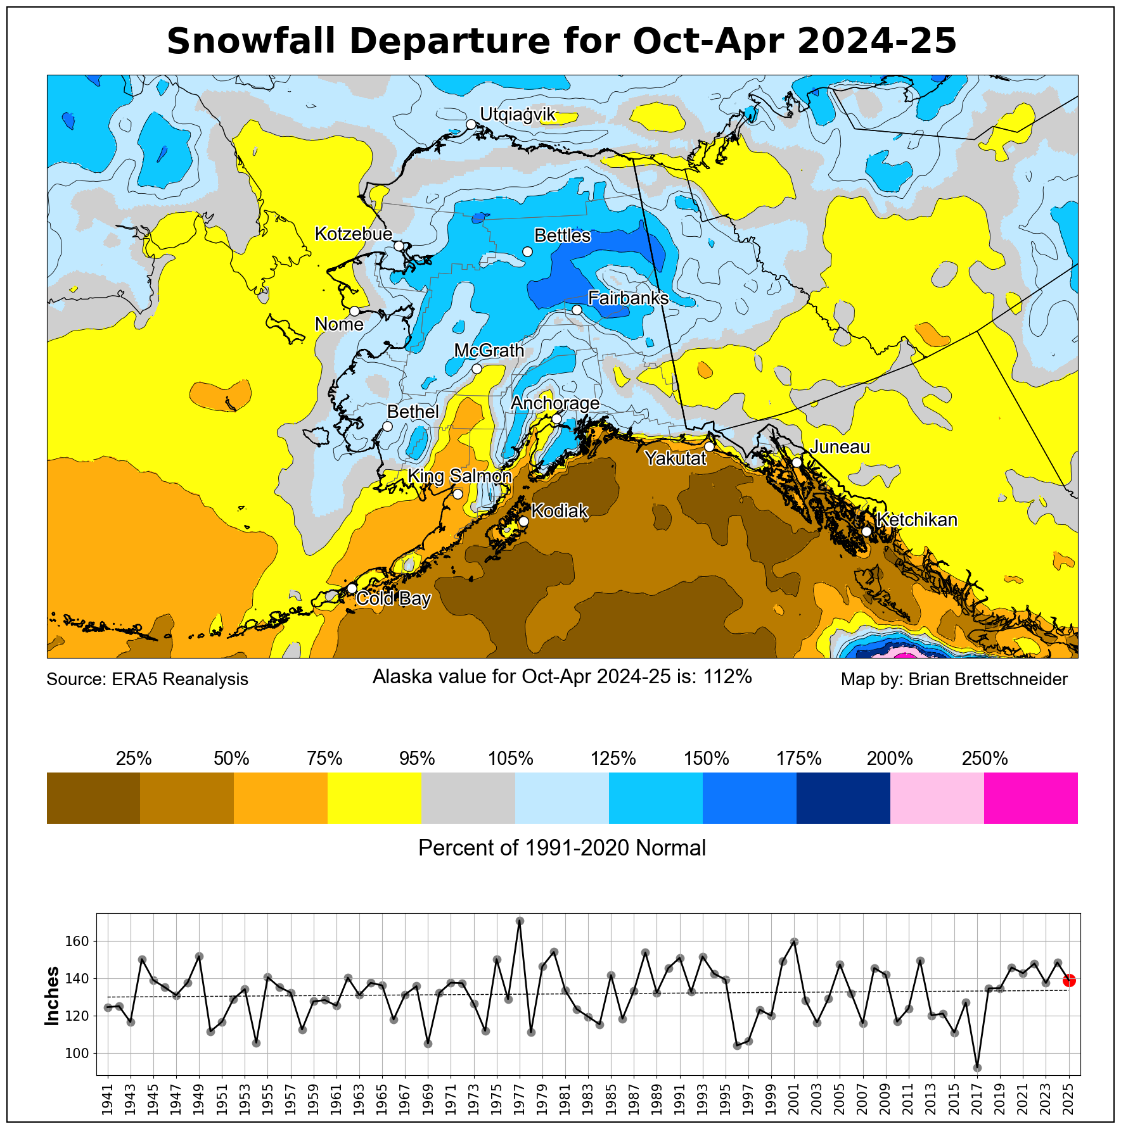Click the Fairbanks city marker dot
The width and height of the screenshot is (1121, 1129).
[577, 310]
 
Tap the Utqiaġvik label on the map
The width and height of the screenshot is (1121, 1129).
[517, 115]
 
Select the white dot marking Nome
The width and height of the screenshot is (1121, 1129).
[354, 311]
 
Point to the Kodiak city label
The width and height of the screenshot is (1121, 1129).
[560, 511]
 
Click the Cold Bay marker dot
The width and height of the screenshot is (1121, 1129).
[352, 588]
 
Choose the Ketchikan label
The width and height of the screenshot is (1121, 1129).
[917, 520]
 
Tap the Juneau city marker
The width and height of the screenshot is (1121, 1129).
[797, 462]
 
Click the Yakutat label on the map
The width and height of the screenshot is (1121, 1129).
[676, 458]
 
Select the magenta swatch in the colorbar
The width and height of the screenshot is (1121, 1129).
[1030, 798]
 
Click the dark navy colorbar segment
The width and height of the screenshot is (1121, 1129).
[843, 798]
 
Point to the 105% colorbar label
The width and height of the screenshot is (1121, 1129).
[511, 759]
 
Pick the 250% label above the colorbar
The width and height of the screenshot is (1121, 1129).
[984, 759]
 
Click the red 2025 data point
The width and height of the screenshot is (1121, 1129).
[1069, 980]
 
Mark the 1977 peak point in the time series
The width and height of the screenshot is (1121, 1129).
[520, 921]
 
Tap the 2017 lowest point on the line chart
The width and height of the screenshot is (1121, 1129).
[977, 1068]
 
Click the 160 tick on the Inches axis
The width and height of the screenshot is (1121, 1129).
[79, 942]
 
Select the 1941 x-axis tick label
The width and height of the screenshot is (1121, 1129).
[107, 1101]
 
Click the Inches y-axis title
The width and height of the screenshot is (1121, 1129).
[52, 996]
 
